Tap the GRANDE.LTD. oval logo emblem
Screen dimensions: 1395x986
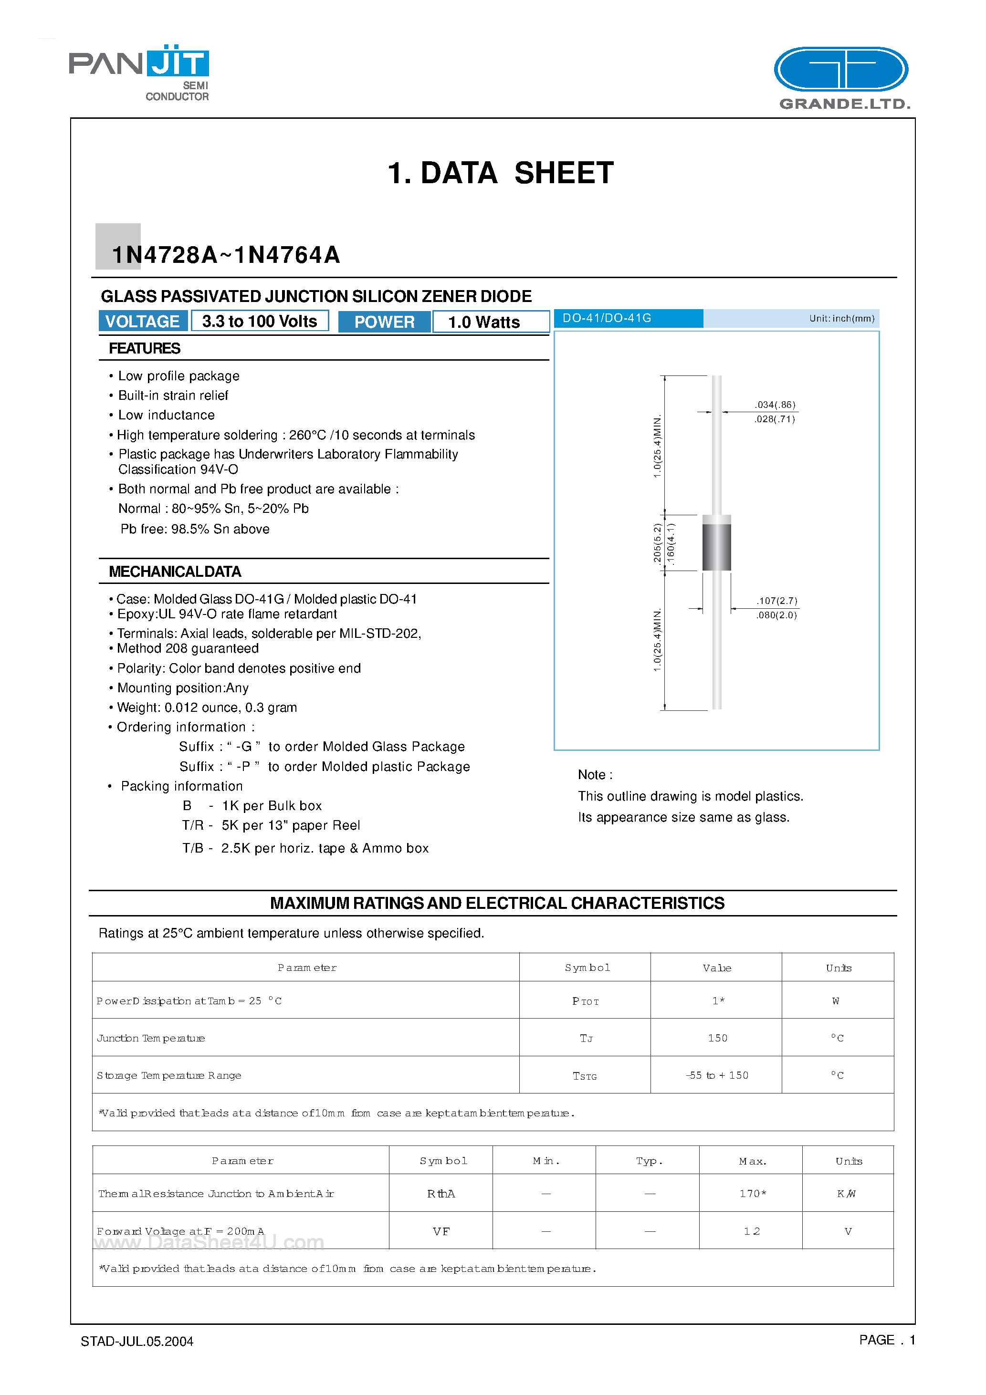(x=841, y=70)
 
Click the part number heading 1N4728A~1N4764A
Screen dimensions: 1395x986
(x=226, y=255)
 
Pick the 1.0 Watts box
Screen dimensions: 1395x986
(x=484, y=322)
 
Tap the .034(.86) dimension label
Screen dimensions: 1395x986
(x=775, y=405)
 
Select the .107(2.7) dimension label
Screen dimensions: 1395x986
(x=777, y=601)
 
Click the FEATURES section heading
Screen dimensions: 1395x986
(x=145, y=348)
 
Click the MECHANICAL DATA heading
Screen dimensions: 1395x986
(x=175, y=572)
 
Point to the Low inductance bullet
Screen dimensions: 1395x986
(x=166, y=415)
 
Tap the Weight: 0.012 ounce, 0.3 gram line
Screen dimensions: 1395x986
(x=207, y=707)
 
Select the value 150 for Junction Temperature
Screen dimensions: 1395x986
(x=717, y=1038)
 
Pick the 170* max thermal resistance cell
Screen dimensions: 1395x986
(x=752, y=1193)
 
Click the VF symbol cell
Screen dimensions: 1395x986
(x=441, y=1231)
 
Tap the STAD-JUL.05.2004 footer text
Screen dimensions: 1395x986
(x=137, y=1341)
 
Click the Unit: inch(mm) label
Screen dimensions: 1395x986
(x=841, y=318)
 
